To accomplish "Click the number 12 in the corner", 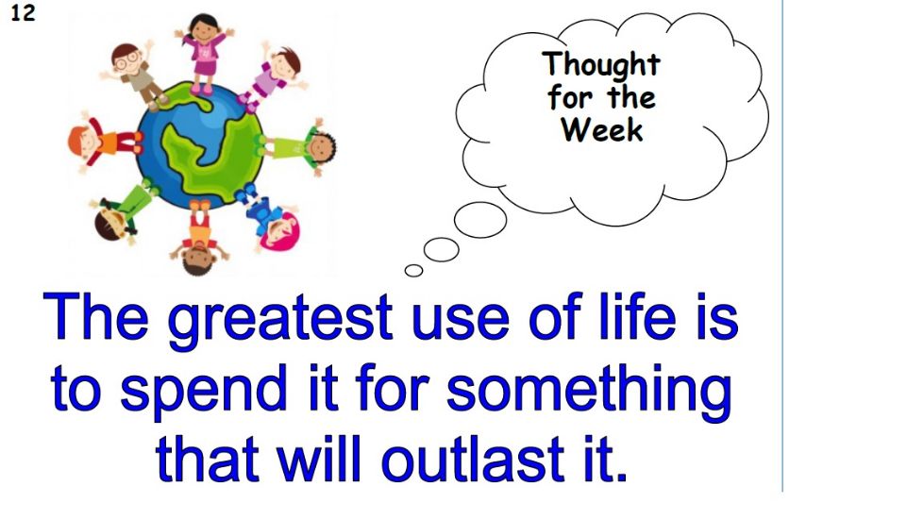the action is (23, 12).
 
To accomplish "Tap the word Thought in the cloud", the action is (601, 65).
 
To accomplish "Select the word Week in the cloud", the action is (601, 129).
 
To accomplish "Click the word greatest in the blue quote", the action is (280, 320).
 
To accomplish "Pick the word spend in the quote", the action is (203, 391).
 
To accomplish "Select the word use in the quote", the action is (461, 323).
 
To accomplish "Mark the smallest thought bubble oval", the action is (413, 270).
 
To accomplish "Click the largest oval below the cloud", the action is (480, 220).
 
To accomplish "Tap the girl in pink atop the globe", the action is (204, 53).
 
